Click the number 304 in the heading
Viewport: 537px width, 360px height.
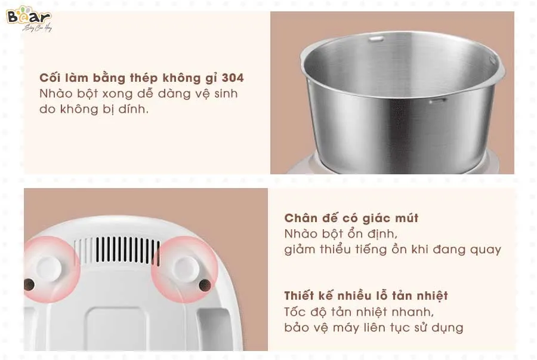click(233, 78)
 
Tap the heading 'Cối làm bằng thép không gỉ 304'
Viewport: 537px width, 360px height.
click(141, 78)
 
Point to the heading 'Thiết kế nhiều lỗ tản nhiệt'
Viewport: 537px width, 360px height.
click(366, 296)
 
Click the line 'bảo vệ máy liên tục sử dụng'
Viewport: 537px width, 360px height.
click(374, 328)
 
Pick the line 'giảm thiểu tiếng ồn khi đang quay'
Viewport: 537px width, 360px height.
click(392, 250)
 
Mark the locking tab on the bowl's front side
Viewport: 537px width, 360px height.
click(437, 102)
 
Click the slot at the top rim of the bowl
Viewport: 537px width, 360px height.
click(375, 39)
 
